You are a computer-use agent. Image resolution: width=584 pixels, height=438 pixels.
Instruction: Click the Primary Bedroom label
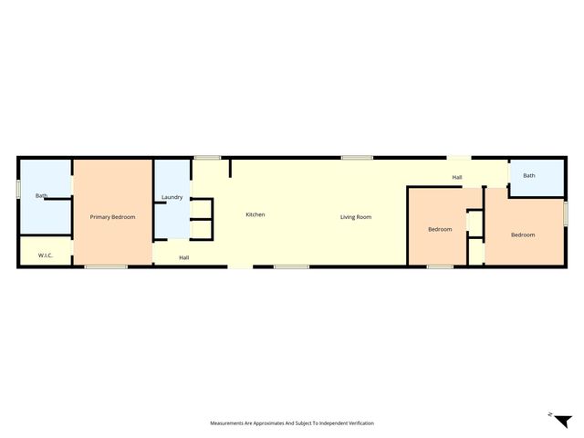(x=112, y=217)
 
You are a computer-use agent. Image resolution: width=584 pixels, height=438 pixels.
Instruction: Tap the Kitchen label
(x=255, y=214)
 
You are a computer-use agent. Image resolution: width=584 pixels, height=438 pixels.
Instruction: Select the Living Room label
(x=356, y=217)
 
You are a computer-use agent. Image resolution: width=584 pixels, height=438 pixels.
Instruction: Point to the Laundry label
(x=172, y=198)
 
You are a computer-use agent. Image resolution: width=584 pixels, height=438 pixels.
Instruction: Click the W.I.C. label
(x=46, y=255)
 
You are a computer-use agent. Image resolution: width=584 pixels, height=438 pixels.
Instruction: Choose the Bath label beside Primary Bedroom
(x=41, y=195)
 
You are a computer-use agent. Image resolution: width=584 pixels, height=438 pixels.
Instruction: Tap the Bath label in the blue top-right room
(x=529, y=175)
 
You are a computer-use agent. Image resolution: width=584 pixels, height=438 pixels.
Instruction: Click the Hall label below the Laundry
(x=183, y=258)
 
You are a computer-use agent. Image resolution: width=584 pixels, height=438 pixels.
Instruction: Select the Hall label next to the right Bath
(x=457, y=177)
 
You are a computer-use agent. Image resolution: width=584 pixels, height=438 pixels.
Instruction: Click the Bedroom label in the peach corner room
(x=523, y=235)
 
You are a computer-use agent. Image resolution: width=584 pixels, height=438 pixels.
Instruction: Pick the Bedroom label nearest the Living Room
(x=440, y=229)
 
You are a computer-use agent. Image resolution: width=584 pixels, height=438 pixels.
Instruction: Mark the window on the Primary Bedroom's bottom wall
(x=106, y=266)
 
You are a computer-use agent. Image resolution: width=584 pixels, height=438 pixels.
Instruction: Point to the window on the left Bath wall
(x=18, y=188)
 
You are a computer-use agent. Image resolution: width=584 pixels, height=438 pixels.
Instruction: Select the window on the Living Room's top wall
(x=357, y=158)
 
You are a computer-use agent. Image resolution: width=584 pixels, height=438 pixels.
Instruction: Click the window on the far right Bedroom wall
(x=565, y=212)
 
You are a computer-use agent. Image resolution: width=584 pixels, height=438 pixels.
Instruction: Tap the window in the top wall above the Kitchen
(x=207, y=158)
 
